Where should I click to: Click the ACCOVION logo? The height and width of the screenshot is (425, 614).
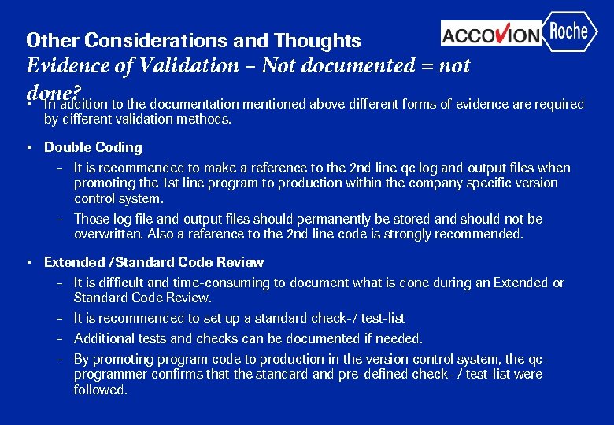tap(491, 35)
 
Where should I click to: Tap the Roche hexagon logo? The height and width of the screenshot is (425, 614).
tap(569, 31)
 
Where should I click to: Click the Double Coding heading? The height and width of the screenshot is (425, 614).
tap(93, 147)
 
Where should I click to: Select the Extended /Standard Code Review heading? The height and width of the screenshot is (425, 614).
tap(153, 262)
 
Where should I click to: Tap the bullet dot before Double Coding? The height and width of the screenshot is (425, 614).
tap(28, 148)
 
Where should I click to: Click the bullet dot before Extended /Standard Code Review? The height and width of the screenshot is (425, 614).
tap(28, 263)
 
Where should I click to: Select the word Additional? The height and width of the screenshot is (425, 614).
tap(104, 338)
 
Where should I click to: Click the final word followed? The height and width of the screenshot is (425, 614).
tap(99, 390)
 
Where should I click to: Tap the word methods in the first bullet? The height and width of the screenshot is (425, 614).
tap(205, 120)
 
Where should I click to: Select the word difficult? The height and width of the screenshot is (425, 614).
tap(118, 283)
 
